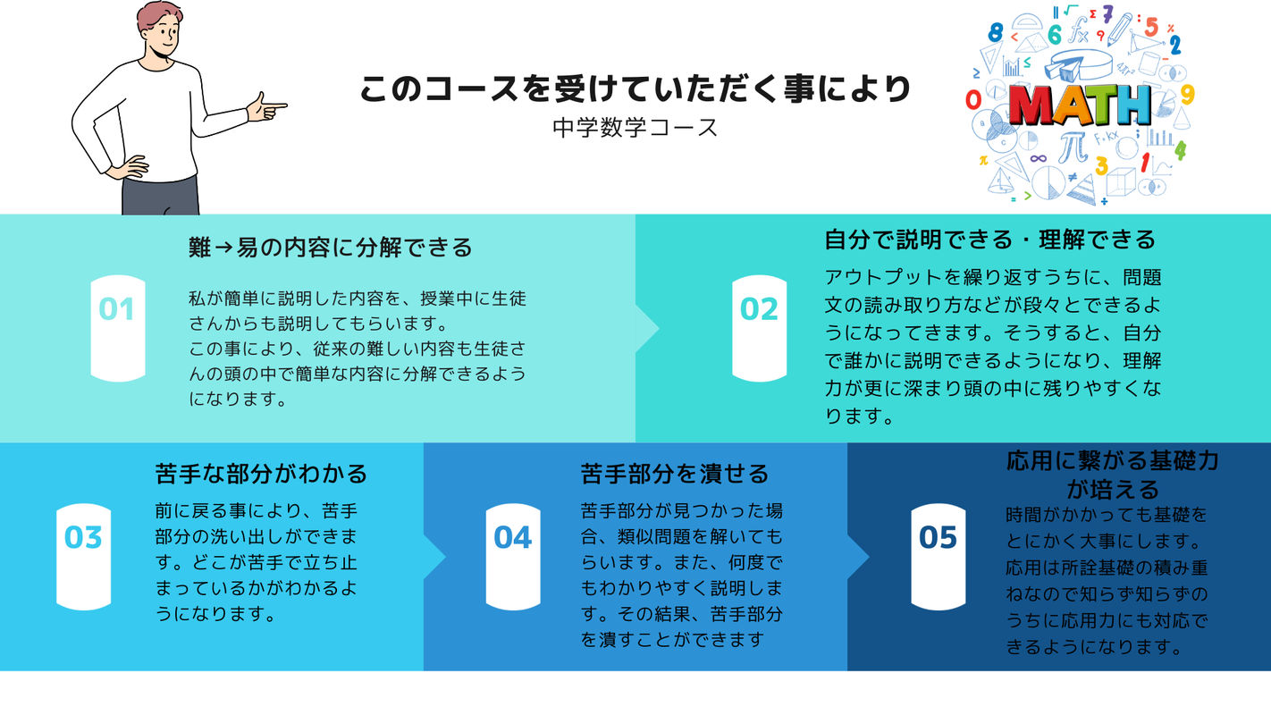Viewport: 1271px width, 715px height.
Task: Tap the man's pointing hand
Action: click(x=266, y=106)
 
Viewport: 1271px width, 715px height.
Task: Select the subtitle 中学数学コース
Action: click(x=635, y=128)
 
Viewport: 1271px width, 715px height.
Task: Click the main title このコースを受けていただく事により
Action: click(x=635, y=89)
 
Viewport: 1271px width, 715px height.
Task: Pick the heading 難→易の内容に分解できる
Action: click(x=330, y=248)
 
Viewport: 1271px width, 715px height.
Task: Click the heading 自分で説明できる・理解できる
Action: click(x=989, y=240)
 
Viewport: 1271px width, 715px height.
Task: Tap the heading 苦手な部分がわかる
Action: click(x=261, y=474)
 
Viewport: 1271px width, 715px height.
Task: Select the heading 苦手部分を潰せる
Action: click(x=675, y=474)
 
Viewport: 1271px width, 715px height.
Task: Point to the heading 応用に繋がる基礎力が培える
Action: click(x=1113, y=475)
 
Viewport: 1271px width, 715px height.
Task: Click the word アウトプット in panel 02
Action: click(x=883, y=277)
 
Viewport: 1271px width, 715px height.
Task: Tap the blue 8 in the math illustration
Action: click(x=995, y=32)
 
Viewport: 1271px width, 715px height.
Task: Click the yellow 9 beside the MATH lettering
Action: click(x=1188, y=95)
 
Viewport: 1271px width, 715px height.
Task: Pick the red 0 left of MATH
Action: click(x=973, y=100)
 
